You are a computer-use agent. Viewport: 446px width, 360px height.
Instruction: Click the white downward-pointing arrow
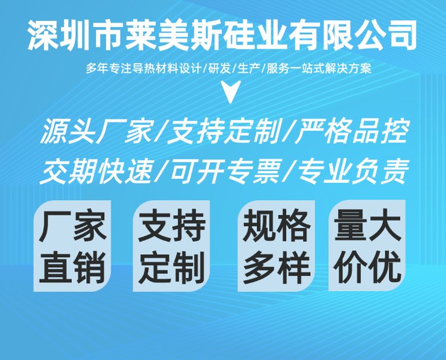click(x=231, y=90)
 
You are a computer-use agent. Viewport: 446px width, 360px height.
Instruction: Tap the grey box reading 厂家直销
click(x=72, y=246)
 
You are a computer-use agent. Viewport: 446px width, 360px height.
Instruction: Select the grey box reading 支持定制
click(x=171, y=246)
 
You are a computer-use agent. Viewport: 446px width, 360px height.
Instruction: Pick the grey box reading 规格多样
click(x=276, y=246)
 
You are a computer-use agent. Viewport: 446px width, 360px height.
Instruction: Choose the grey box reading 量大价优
click(x=368, y=245)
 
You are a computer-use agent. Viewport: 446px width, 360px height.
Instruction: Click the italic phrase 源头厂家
click(x=98, y=131)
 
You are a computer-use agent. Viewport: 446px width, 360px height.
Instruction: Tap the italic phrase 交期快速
click(x=96, y=172)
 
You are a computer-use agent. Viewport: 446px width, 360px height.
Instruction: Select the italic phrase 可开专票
click(x=225, y=172)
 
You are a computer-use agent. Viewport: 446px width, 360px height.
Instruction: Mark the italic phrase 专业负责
click(x=353, y=172)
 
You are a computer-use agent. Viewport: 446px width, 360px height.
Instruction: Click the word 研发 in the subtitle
click(x=219, y=69)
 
